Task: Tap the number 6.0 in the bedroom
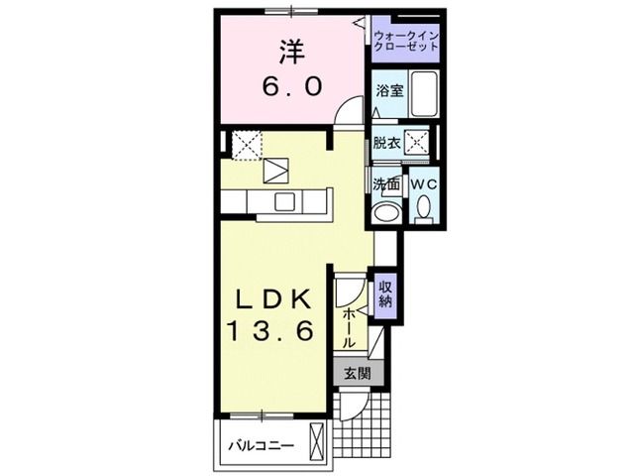[291, 87]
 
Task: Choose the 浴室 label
[388, 90]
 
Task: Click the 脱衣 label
[387, 142]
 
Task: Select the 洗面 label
[386, 184]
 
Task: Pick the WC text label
[423, 184]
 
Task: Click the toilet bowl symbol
[423, 208]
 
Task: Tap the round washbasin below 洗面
[385, 213]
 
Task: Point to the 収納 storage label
[385, 294]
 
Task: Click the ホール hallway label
[350, 326]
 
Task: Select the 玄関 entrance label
[358, 374]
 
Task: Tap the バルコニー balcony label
[262, 444]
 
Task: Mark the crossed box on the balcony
[318, 440]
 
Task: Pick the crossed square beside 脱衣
[418, 142]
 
